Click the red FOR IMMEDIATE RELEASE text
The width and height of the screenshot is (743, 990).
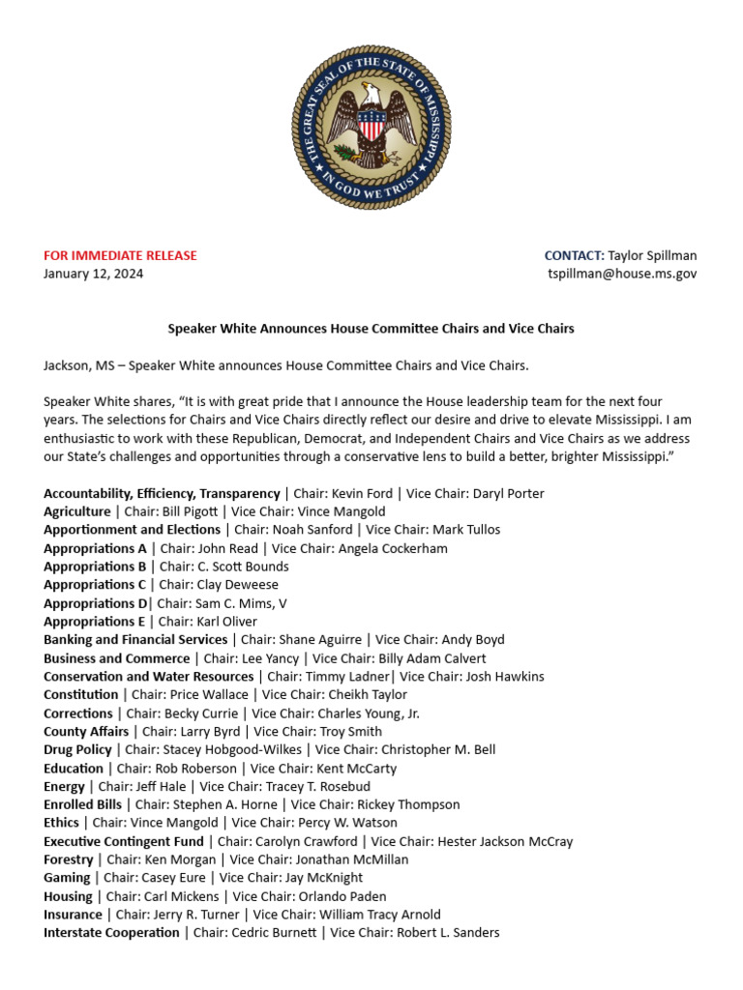point(120,255)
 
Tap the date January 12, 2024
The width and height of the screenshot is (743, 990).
point(93,274)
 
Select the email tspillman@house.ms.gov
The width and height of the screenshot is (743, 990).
point(622,274)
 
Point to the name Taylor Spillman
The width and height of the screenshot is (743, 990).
point(652,255)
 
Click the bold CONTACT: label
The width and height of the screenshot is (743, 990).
point(574,255)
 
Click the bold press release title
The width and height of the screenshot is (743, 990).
point(371,329)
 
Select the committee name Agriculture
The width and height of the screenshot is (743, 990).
point(77,511)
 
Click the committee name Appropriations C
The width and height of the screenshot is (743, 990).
point(95,585)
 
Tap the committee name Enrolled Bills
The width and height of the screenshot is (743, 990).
point(83,804)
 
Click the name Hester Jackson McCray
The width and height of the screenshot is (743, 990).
point(506,841)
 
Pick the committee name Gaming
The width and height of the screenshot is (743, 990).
point(67,878)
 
